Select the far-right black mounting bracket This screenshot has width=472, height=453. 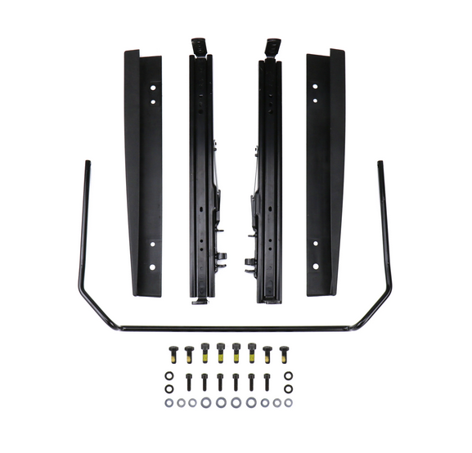326,172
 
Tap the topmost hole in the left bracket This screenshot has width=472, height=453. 153,86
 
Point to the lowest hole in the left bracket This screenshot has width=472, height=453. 152,267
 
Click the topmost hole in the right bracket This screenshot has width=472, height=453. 315,86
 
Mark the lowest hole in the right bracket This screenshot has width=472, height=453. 316,267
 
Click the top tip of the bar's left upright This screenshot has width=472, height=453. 87,164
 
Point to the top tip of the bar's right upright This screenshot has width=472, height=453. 380,164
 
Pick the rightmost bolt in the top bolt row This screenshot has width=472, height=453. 284,353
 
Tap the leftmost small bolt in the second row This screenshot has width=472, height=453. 188,381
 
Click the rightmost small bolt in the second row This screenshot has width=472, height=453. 267,381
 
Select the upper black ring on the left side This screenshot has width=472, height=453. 169,376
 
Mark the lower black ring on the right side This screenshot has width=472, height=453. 288,388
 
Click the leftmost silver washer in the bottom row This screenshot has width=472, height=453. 169,402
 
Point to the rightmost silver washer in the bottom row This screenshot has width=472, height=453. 288,402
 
